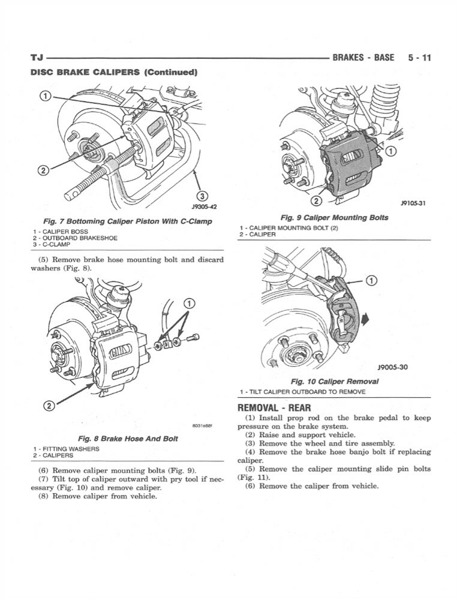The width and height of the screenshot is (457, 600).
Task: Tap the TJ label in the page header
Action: [37, 58]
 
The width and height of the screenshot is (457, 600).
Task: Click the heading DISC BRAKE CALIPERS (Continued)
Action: [113, 73]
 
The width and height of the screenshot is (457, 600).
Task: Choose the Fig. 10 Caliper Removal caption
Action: [334, 381]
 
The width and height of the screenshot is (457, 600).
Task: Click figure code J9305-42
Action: [204, 206]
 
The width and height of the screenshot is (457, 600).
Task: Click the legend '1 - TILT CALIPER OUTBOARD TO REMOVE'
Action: [302, 392]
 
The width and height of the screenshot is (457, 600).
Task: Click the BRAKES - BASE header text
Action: [363, 58]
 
